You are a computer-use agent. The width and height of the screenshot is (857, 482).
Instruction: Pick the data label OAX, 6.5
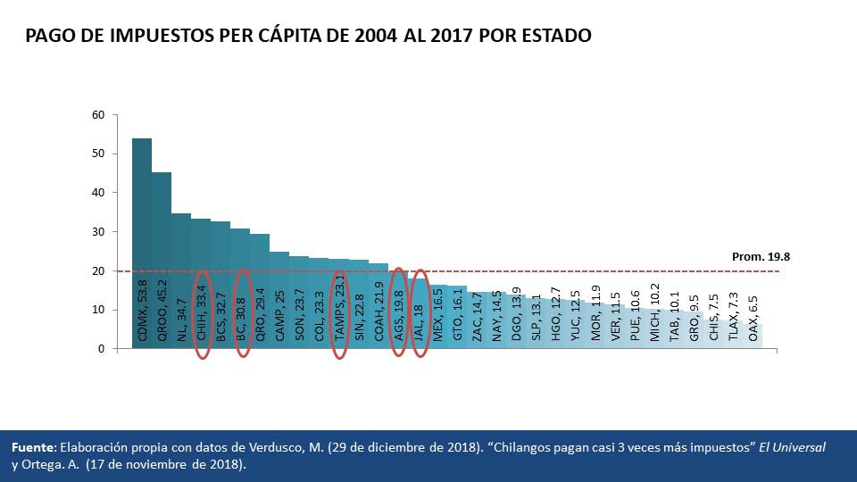pos(753,320)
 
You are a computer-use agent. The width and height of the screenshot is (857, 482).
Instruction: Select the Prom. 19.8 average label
pos(761,256)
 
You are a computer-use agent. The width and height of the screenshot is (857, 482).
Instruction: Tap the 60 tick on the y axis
pos(98,115)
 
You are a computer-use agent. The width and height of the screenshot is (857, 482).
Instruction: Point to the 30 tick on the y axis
pos(98,232)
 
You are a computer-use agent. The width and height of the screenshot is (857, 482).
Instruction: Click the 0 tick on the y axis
pos(102,349)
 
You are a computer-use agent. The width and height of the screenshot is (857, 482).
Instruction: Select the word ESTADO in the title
pos(555,37)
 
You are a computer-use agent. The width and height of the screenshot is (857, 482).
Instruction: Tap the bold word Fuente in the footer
pos(33,446)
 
